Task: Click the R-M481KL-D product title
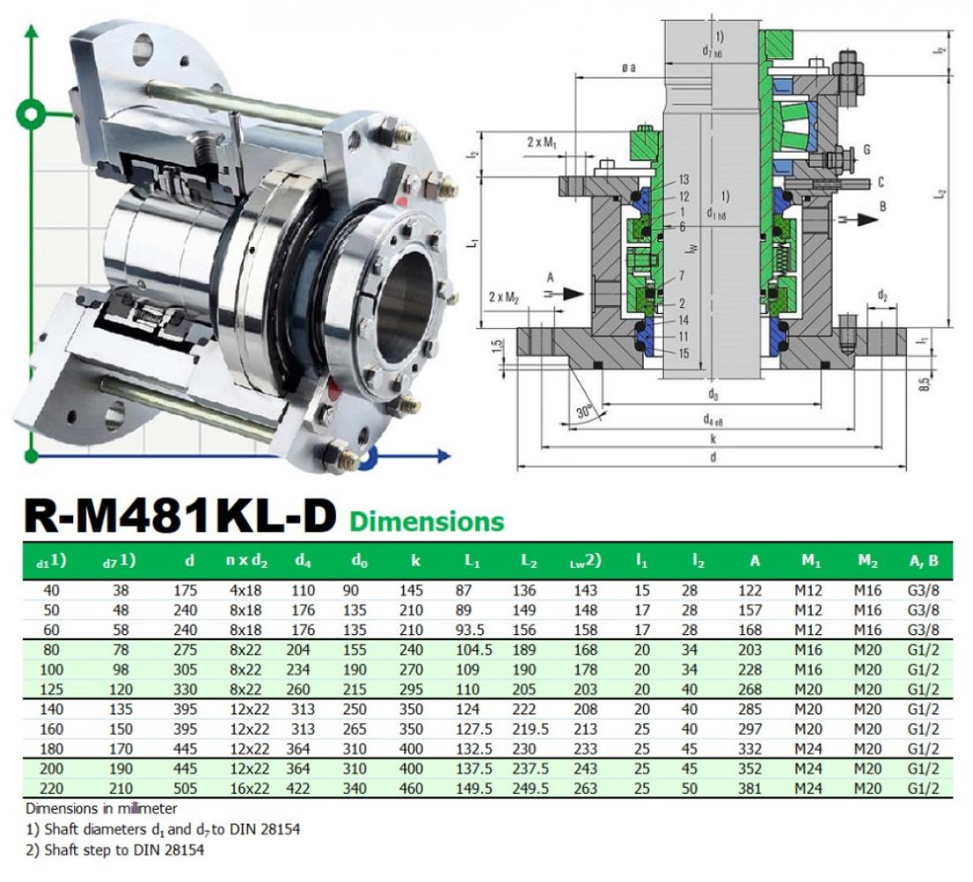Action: [179, 516]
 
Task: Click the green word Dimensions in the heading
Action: [427, 521]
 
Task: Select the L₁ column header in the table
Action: [472, 561]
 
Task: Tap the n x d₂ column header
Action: [246, 561]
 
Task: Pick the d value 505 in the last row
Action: [185, 789]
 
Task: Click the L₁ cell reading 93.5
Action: [469, 630]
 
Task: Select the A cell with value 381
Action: [750, 789]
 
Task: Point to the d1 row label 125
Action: [51, 690]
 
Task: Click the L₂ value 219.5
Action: [530, 729]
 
